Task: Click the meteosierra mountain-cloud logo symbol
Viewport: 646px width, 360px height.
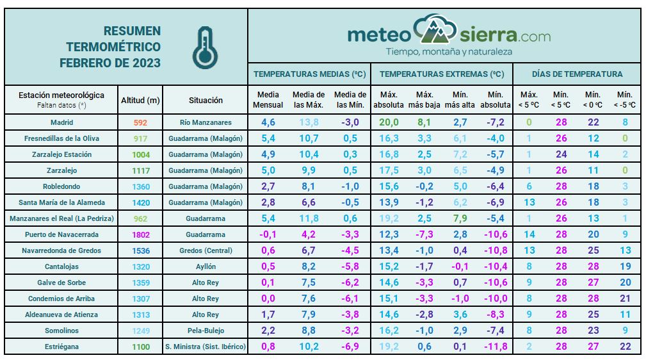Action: [435, 29]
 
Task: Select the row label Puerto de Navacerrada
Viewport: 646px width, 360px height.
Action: [61, 234]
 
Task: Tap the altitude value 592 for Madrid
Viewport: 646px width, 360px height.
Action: [141, 122]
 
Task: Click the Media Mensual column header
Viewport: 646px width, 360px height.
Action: [268, 100]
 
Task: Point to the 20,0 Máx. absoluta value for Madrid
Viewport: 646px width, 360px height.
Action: [388, 122]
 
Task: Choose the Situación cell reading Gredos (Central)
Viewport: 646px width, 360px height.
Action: [206, 250]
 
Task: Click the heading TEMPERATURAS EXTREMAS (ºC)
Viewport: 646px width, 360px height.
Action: [442, 74]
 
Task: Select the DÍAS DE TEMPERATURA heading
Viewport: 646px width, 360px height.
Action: [577, 74]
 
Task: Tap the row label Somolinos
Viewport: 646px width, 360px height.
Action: [61, 331]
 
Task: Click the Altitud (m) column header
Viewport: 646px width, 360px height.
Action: [141, 100]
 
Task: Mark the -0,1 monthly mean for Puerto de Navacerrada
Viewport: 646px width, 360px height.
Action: [268, 234]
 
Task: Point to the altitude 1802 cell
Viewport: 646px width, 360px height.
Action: [141, 234]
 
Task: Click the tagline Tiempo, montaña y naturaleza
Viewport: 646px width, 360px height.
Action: [449, 51]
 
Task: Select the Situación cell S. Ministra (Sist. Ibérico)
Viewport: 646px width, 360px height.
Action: [206, 347]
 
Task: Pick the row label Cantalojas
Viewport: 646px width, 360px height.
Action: [61, 266]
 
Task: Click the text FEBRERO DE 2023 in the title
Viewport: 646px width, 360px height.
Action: [110, 63]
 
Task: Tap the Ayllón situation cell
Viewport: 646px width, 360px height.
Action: [206, 266]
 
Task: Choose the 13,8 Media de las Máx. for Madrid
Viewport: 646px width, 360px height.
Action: [309, 122]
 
